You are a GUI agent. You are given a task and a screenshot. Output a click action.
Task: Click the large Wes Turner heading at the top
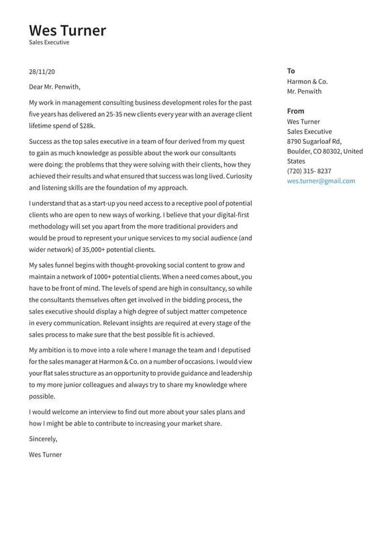(x=67, y=30)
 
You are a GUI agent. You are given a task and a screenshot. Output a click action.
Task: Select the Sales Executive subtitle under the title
(x=49, y=42)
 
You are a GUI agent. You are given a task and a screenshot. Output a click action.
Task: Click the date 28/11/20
(x=42, y=71)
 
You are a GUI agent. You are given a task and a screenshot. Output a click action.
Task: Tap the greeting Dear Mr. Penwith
(x=54, y=87)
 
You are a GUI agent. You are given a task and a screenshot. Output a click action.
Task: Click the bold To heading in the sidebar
(x=291, y=71)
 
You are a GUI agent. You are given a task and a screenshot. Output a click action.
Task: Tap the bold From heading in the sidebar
(x=295, y=111)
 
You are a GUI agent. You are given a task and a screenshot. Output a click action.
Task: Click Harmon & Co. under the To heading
(x=307, y=81)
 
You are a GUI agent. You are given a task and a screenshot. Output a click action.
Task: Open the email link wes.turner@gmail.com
(x=321, y=181)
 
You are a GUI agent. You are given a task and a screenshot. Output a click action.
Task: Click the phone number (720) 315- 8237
(x=309, y=171)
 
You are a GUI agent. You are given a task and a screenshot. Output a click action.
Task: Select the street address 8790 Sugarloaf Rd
(x=313, y=142)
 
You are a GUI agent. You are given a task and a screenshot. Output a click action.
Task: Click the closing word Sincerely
(x=43, y=439)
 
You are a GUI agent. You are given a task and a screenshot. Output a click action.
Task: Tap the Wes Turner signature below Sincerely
(x=45, y=455)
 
